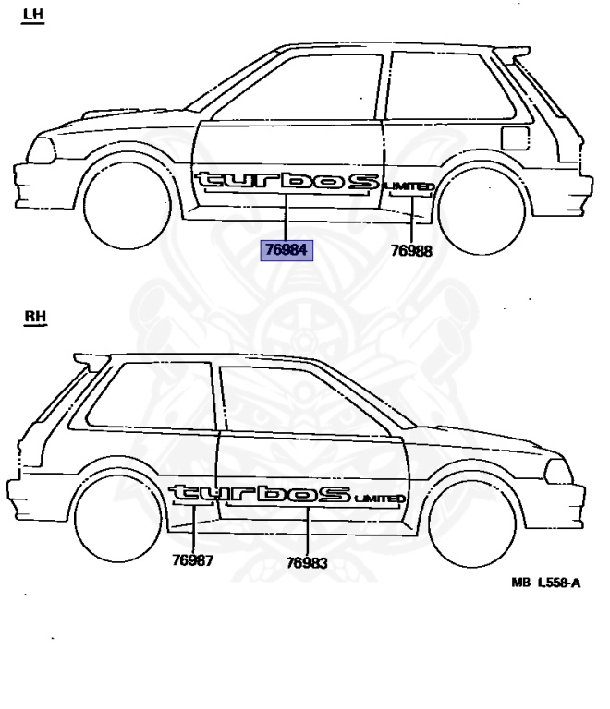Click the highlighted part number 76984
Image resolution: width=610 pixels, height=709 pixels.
coord(287,249)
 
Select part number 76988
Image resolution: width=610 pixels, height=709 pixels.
coord(410,250)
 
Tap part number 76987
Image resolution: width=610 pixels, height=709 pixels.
coord(193,559)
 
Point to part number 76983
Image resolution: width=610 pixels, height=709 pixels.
coord(306,562)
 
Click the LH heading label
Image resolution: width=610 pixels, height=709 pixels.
coord(33,15)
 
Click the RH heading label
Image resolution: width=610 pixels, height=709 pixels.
coord(35,318)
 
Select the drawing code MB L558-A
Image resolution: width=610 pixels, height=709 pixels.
coord(545,583)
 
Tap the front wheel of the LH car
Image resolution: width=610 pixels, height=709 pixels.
coord(127,208)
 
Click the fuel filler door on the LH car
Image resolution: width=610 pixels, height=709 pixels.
coord(514,138)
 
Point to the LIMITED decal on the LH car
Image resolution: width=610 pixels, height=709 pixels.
coord(409,187)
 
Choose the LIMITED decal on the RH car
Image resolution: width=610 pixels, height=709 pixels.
coord(380,499)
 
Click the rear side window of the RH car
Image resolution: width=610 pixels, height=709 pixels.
coord(152,396)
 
